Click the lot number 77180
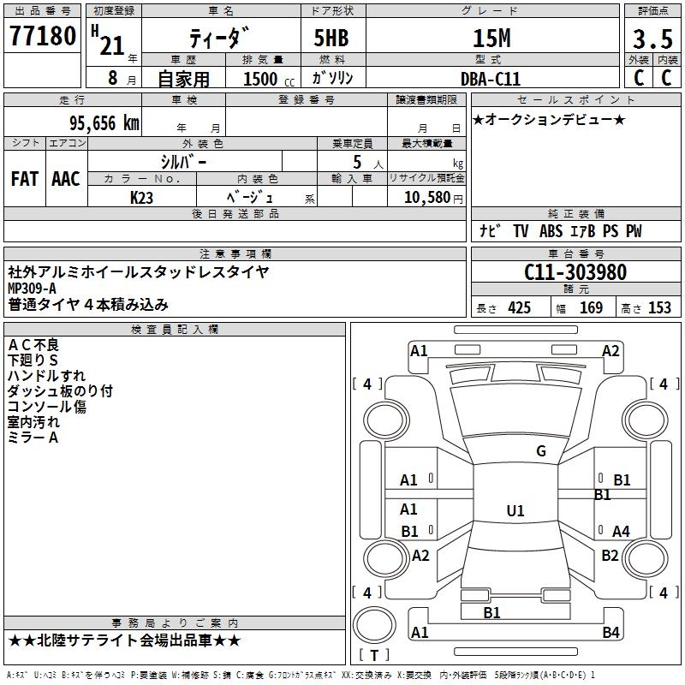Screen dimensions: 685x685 [x=42, y=38]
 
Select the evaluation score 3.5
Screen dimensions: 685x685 [x=652, y=39]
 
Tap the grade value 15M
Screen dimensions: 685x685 [x=491, y=39]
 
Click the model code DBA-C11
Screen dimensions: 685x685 [x=489, y=78]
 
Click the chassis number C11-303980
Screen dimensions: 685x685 [x=575, y=273]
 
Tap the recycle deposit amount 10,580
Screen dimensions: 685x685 [x=426, y=198]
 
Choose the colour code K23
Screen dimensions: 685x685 [x=142, y=198]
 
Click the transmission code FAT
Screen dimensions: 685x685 [x=24, y=179]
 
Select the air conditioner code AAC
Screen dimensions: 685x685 [x=65, y=179]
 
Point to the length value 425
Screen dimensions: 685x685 [x=519, y=308]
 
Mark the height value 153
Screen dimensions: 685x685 [x=659, y=308]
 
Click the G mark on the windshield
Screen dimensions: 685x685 [x=540, y=451]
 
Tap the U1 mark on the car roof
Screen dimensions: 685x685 [x=515, y=511]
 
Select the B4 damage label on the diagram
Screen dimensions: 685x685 [x=611, y=633]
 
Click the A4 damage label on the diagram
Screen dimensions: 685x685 [x=621, y=532]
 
